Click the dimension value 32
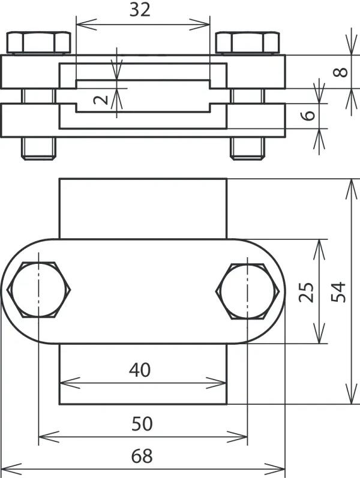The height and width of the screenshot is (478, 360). tap(140, 10)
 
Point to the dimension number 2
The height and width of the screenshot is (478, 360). tap(101, 100)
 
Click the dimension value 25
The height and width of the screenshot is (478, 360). tap(306, 292)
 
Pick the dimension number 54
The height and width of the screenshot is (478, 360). tap(338, 292)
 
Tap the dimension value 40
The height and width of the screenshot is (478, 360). tap(140, 370)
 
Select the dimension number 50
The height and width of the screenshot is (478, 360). tap(142, 424)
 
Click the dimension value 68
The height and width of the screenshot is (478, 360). tap(142, 456)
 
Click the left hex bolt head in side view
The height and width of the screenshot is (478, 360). tap(39, 43)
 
